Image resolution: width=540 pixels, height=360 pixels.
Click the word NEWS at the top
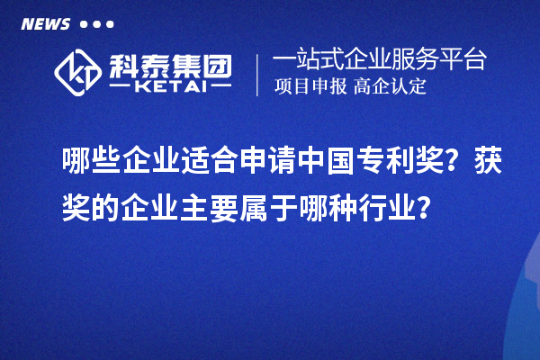[x=44, y=24]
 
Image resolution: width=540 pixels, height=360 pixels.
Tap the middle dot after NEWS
[x=97, y=24]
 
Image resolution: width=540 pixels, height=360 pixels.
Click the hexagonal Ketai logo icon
[x=78, y=72]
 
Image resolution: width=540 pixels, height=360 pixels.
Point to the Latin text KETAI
[x=170, y=88]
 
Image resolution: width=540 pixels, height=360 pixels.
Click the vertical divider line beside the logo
[x=258, y=73]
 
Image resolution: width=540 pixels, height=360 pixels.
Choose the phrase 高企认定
[x=390, y=87]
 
